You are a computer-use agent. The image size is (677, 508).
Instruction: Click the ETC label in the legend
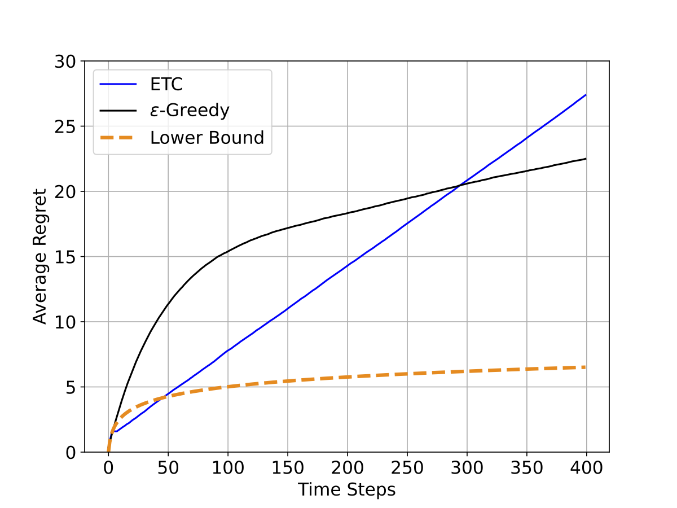coord(167,85)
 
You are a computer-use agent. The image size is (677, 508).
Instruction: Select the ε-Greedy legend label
coord(190,111)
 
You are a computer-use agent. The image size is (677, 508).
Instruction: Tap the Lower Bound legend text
coord(207,137)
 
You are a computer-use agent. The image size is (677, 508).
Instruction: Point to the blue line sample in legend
coord(118,85)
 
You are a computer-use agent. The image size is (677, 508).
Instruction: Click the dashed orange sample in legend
coord(118,137)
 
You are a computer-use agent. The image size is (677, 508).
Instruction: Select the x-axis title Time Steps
coord(346,489)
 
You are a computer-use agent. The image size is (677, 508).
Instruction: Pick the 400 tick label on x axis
coord(586,468)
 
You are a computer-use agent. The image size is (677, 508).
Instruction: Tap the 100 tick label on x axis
coord(227,468)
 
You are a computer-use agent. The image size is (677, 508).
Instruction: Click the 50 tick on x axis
coord(168,468)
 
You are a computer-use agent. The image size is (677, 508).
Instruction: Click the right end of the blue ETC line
coord(586,95)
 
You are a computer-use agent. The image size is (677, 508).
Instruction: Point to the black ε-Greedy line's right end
coord(586,159)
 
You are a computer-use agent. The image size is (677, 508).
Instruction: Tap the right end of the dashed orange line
coord(586,367)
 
